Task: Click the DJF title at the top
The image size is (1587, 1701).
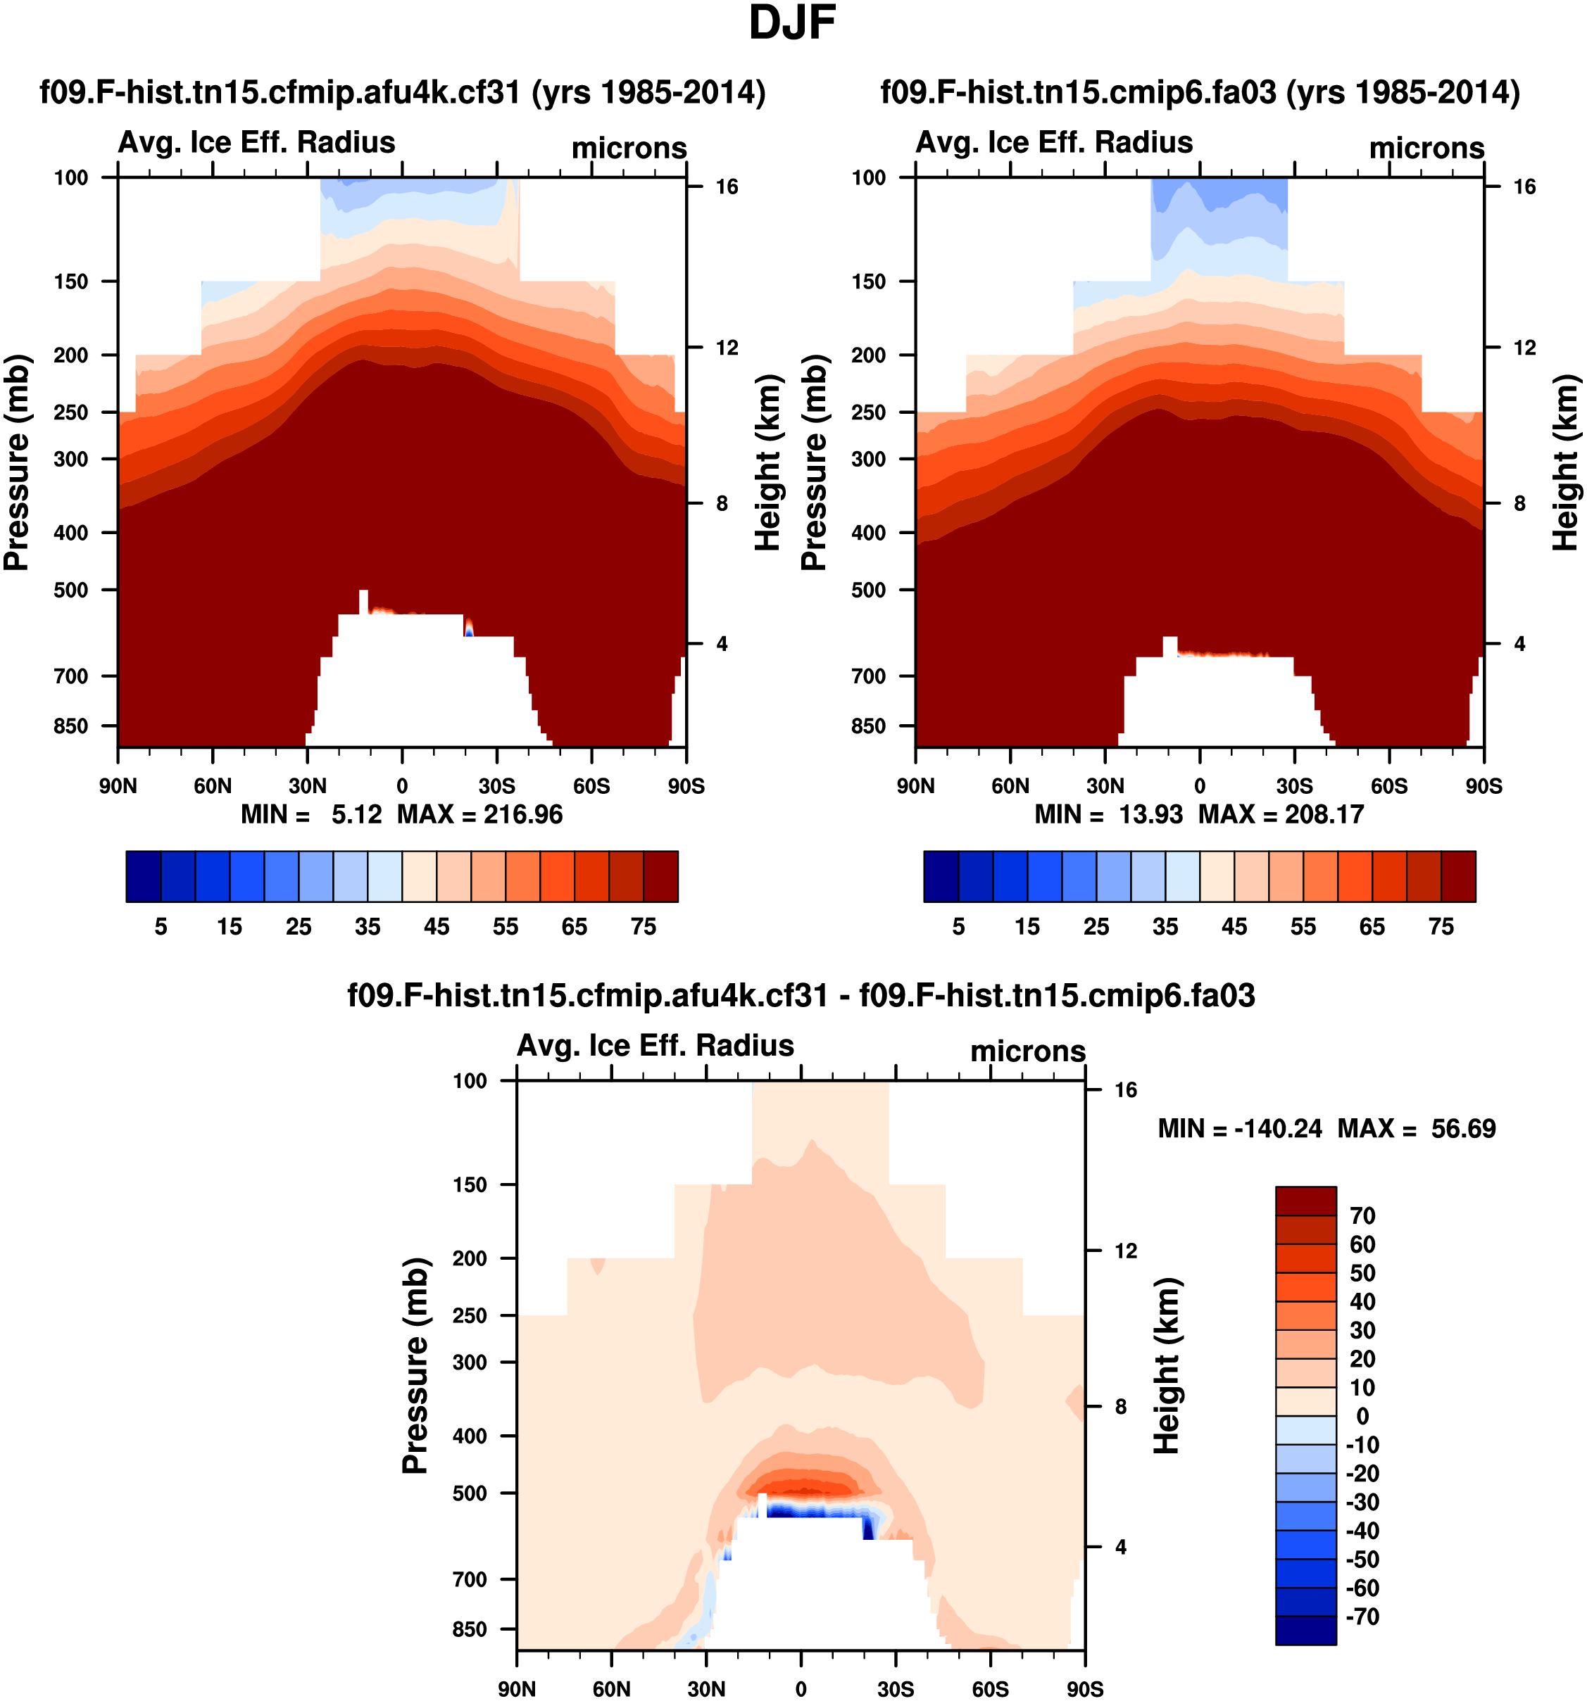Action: (x=792, y=23)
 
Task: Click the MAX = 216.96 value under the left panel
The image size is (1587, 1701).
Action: (x=479, y=814)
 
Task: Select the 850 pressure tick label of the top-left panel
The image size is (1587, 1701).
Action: (x=71, y=726)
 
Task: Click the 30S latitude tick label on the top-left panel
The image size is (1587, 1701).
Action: (x=496, y=785)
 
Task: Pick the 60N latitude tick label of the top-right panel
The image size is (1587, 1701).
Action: (x=1010, y=785)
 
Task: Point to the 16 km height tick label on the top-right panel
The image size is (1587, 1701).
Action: (x=1524, y=186)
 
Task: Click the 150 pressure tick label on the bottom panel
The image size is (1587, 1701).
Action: (x=470, y=1185)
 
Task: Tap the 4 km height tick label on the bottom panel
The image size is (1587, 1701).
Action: (x=1120, y=1547)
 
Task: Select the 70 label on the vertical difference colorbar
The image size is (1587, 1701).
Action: (x=1362, y=1216)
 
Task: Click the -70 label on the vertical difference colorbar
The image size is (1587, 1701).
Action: (x=1362, y=1617)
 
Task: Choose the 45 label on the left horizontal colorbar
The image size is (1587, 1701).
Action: (x=437, y=927)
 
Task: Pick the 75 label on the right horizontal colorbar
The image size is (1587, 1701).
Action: (x=1441, y=927)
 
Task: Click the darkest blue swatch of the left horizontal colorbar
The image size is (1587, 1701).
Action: (x=143, y=876)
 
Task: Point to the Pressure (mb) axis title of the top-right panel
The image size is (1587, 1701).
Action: (x=814, y=462)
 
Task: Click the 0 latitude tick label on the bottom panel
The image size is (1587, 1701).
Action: (x=801, y=1689)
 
